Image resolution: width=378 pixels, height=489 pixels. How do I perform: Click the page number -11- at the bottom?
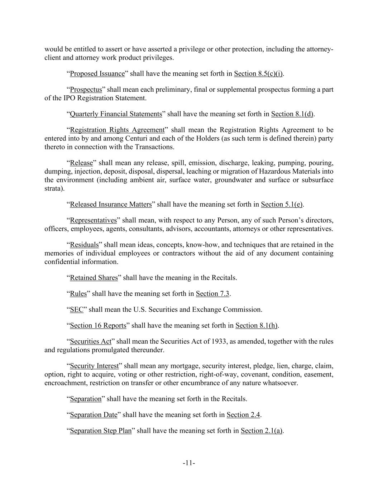point(189,463)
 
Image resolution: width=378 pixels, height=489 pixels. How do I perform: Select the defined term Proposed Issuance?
point(97,74)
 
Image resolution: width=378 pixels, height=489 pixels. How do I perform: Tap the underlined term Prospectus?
point(86,90)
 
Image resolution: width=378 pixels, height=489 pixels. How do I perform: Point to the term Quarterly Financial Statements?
point(116,114)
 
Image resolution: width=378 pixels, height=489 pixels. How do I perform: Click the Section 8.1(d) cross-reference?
point(292,114)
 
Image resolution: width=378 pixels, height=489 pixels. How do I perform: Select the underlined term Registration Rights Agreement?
point(117,130)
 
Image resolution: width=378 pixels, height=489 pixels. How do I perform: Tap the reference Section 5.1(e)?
point(282,205)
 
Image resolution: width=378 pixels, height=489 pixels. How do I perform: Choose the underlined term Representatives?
point(93,220)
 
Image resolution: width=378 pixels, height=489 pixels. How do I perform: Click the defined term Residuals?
point(84,245)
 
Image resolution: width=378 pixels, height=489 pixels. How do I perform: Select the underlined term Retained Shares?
point(94,278)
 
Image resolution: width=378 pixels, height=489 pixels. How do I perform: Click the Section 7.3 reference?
point(212,294)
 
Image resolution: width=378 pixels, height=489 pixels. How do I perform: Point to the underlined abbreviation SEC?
point(76,310)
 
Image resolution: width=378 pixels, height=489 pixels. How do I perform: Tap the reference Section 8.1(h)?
point(257,326)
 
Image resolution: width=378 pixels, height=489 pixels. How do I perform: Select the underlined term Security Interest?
point(94,366)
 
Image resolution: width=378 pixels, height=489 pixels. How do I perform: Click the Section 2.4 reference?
point(243,415)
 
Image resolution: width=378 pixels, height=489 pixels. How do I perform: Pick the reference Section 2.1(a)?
point(262,431)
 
